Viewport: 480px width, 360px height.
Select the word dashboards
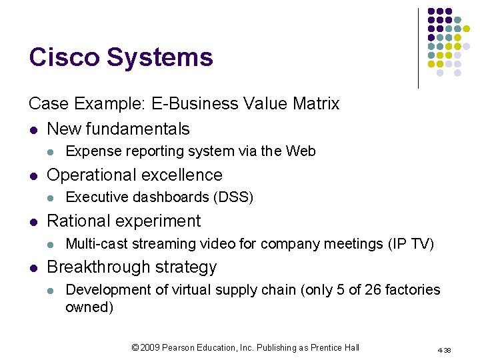(x=171, y=197)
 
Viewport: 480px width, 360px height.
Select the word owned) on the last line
(x=89, y=307)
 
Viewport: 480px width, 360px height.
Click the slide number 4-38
(x=445, y=349)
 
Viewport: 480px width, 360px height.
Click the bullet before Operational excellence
(x=33, y=175)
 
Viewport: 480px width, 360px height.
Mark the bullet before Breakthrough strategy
(x=33, y=267)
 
